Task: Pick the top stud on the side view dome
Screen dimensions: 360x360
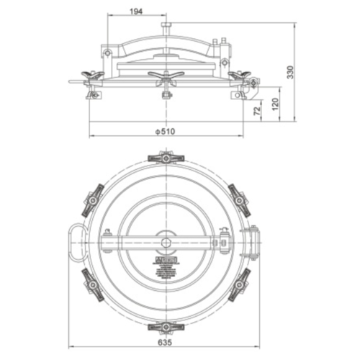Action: (166, 27)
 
